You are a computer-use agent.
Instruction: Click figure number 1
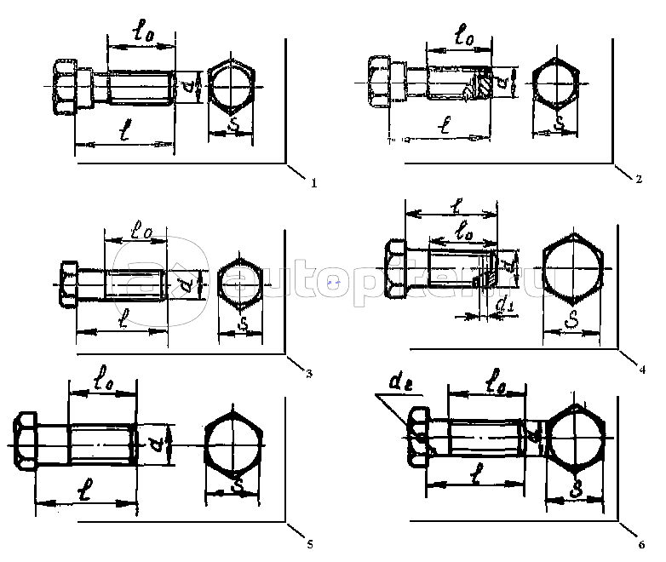(314, 182)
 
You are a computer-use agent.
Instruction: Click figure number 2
(638, 180)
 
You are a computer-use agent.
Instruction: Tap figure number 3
(308, 372)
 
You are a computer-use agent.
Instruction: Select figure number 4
(642, 370)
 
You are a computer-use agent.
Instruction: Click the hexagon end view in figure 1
(232, 88)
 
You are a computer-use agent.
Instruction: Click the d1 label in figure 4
(505, 304)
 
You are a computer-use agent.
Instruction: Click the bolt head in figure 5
(25, 440)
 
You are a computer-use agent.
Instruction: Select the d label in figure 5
(156, 440)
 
